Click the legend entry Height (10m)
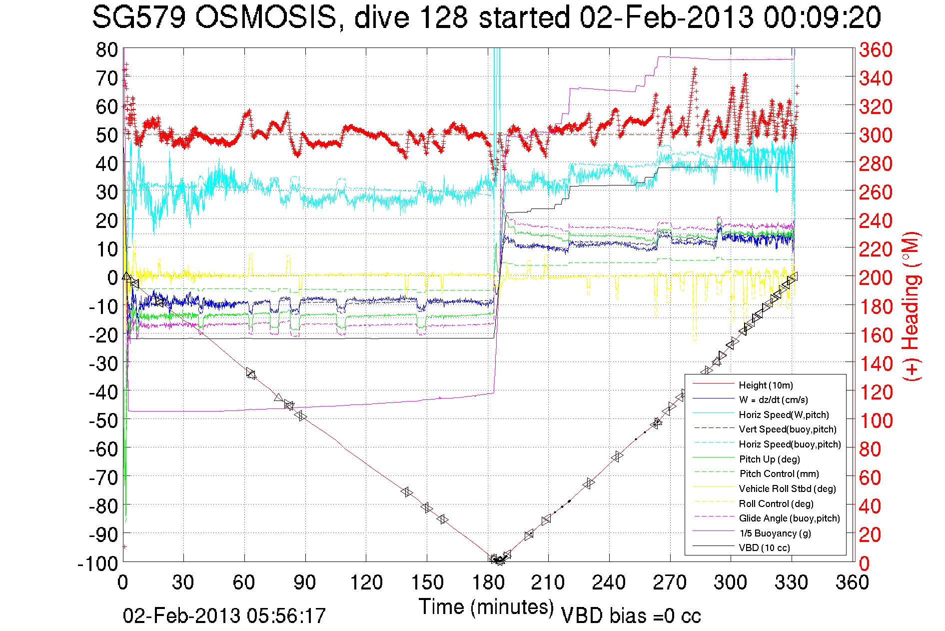coord(766,385)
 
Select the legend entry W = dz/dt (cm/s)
coord(773,399)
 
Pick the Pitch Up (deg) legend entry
coord(770,459)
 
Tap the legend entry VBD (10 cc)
coord(764,547)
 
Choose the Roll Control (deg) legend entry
coord(776,503)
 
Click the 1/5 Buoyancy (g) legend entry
coord(775,533)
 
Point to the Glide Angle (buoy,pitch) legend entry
coord(789,518)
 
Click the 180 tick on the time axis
coord(488,582)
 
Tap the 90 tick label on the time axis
coord(305,582)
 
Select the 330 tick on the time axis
coord(792,582)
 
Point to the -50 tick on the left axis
coord(103,420)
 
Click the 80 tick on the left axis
coord(107,49)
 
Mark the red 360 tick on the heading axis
coord(876,49)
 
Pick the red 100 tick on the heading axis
coord(876,420)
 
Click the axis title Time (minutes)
coord(486,607)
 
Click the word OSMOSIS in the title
coord(265,17)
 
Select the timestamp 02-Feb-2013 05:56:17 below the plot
coord(224,615)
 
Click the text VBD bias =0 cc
coord(631,615)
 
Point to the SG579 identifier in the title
coord(138,17)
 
